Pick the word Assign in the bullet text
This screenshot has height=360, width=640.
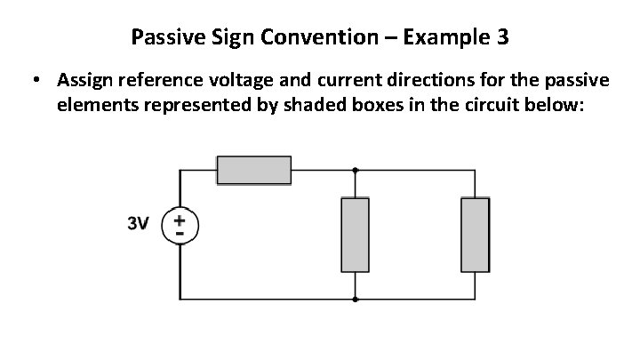pos(83,81)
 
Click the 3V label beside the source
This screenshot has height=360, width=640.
pos(137,223)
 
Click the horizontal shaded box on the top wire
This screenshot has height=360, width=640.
pos(255,169)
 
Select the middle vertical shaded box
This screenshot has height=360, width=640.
pos(356,235)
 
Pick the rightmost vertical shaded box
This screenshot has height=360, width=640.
pos(475,235)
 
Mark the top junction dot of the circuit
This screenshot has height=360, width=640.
pos(356,169)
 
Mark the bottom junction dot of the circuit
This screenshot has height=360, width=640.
pos(356,300)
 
